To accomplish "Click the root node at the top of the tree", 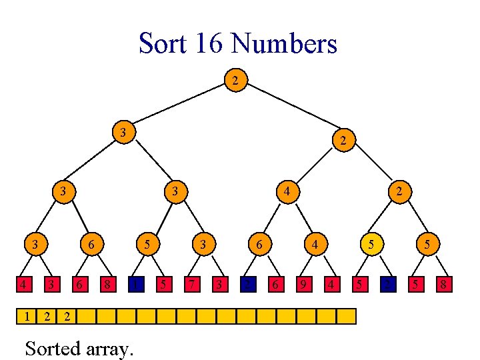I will (234, 81).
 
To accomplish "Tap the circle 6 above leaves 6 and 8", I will (91, 245).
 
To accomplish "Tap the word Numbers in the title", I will (284, 44).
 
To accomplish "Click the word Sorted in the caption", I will (52, 348).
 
